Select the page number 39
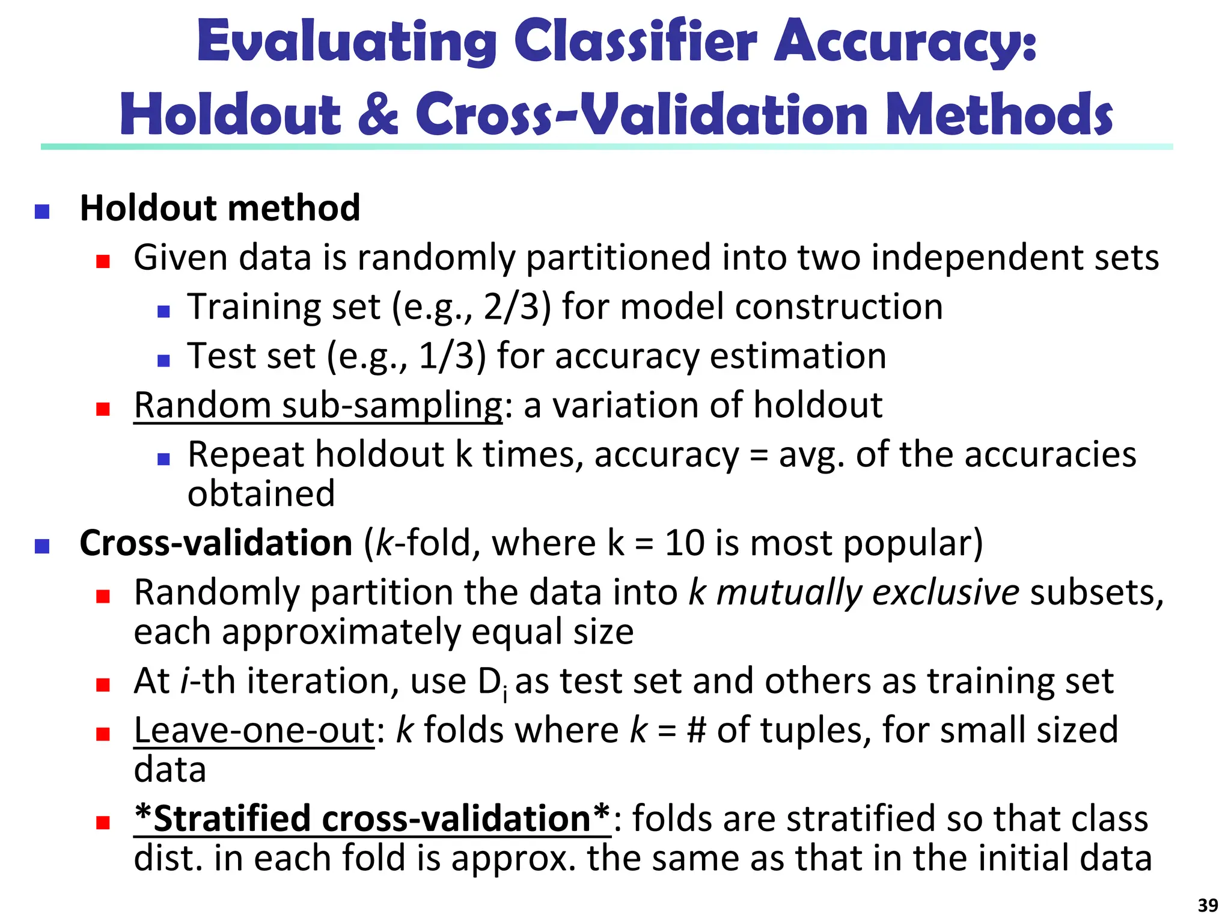(x=1208, y=905)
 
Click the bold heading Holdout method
(x=220, y=208)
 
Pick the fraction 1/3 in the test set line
(x=452, y=356)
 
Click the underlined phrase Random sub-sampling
(x=318, y=405)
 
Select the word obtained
(x=261, y=493)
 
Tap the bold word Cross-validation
(x=216, y=543)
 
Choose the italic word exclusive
(x=945, y=592)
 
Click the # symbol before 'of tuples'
(x=696, y=731)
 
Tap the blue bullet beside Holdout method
(x=42, y=212)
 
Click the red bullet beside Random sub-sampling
(x=103, y=409)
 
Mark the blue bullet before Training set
(x=163, y=311)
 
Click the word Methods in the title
(x=998, y=114)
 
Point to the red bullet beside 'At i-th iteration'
(x=103, y=685)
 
